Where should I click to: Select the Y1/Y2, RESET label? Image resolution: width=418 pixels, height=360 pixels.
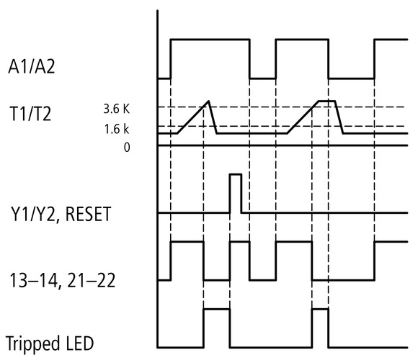pyautogui.click(x=65, y=214)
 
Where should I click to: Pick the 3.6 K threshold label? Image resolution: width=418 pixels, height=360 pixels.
pyautogui.click(x=117, y=109)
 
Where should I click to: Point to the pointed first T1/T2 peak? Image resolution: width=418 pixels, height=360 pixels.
pyautogui.click(x=208, y=102)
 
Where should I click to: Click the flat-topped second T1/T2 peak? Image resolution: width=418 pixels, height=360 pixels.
pyautogui.click(x=327, y=102)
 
